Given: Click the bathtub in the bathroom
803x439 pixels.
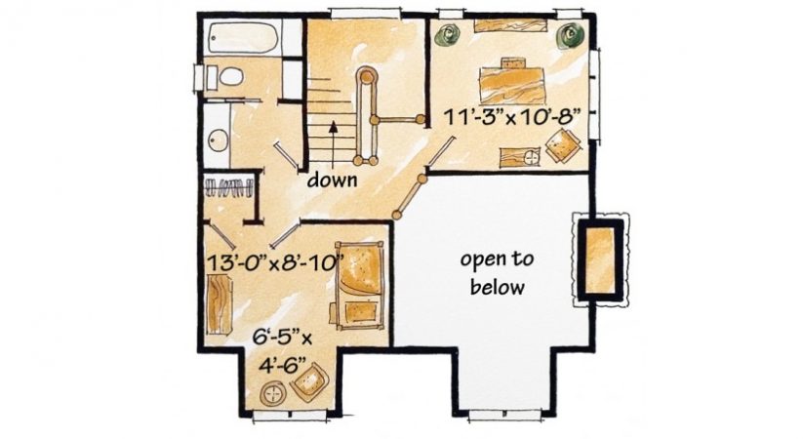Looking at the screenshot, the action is tap(245, 38).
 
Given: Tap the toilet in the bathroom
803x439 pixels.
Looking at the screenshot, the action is tap(224, 77).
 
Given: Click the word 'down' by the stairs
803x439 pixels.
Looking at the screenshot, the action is tap(332, 180).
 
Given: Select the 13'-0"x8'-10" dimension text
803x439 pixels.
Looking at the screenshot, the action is tap(274, 262).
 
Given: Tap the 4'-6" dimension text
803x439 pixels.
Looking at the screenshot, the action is tap(282, 366).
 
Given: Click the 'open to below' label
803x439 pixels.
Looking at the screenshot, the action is tap(497, 273).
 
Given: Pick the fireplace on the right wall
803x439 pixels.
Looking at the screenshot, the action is tap(599, 260).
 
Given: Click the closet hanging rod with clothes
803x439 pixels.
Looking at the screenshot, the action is tap(228, 187).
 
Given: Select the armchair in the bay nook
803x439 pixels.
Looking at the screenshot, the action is tap(310, 381).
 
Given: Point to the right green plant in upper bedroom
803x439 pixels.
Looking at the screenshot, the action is tap(569, 35).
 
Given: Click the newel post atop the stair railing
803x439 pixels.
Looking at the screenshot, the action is tap(367, 77).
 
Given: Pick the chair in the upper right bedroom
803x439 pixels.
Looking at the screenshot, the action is tap(562, 145).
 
